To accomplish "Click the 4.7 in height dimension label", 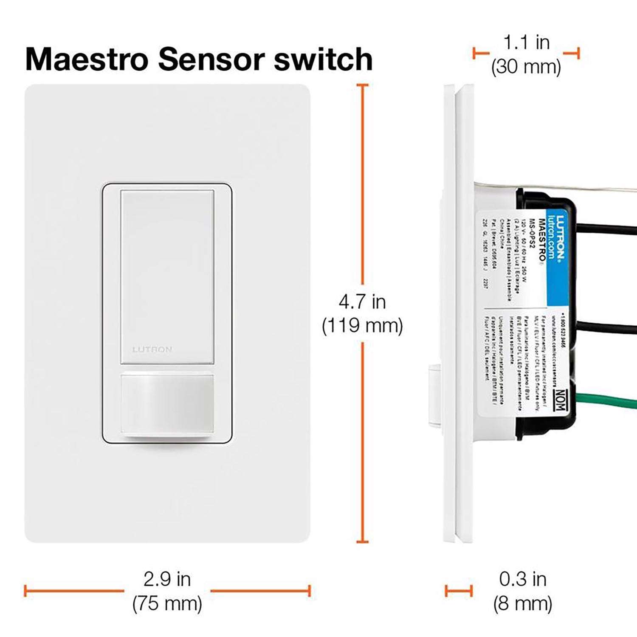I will (x=362, y=302).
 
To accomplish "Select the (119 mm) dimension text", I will (x=362, y=326).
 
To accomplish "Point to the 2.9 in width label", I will (x=167, y=579).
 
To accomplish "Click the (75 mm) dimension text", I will (x=167, y=603).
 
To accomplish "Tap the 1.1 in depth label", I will (x=526, y=42).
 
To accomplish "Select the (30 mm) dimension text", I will (x=526, y=67).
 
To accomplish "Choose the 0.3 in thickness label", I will (x=522, y=579).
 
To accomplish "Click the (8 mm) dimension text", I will (x=522, y=603).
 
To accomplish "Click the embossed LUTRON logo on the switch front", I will (x=152, y=350).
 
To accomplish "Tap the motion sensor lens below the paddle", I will (x=167, y=403).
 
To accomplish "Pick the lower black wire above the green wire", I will (x=607, y=327).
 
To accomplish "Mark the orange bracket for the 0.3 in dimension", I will (x=458, y=590).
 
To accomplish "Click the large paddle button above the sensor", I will (x=167, y=276).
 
